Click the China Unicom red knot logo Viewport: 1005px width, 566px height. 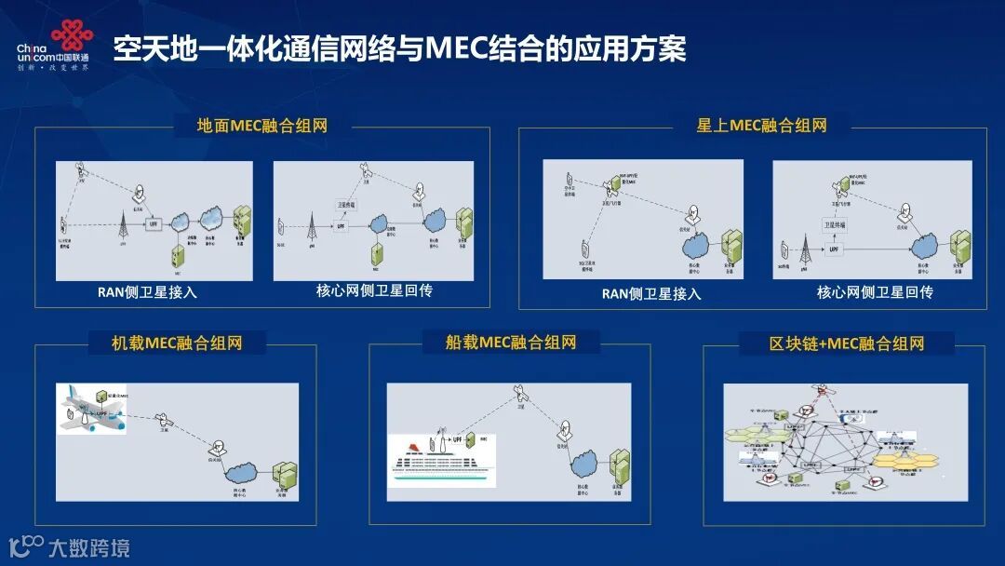[x=73, y=36]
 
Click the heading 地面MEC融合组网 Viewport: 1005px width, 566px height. [x=261, y=126]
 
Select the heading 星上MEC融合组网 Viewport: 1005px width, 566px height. [x=761, y=125]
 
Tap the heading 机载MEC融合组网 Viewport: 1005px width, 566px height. [x=177, y=343]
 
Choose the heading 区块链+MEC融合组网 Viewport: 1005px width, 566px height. [x=846, y=344]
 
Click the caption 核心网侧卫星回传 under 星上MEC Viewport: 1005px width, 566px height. [x=875, y=291]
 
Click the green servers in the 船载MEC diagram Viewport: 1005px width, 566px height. [x=619, y=464]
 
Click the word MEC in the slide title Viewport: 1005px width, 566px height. [x=457, y=48]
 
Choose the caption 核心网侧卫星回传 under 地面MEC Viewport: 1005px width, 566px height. [x=374, y=291]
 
